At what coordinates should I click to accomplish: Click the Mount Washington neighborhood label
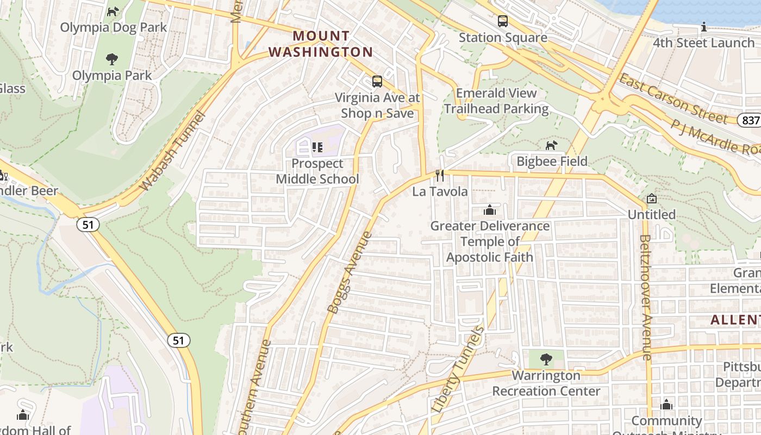click(321, 44)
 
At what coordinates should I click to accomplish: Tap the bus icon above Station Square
click(503, 21)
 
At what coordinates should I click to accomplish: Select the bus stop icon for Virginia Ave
click(377, 82)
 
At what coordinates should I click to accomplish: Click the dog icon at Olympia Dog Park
click(113, 11)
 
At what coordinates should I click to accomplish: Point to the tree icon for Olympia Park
click(112, 59)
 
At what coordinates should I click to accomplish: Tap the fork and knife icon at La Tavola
click(440, 175)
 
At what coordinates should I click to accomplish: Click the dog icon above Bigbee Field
click(552, 145)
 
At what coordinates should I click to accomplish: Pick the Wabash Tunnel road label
click(172, 151)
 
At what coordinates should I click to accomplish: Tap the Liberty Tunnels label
click(458, 369)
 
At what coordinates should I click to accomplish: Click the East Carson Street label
click(673, 98)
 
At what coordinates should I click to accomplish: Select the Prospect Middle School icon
click(317, 147)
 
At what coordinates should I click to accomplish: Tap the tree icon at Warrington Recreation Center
click(546, 359)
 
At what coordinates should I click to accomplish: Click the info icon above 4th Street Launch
click(704, 27)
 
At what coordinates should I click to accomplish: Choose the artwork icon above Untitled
click(651, 198)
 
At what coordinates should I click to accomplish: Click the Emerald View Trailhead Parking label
click(496, 101)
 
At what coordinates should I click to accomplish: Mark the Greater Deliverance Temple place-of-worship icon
click(489, 209)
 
